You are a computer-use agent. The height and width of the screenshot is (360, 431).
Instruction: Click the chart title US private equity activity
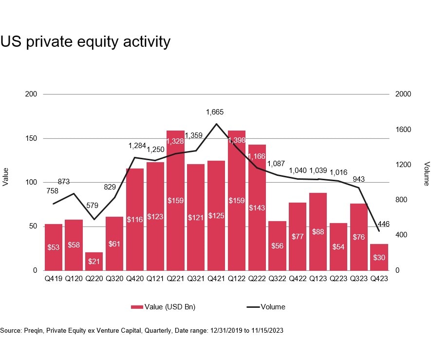tap(85, 42)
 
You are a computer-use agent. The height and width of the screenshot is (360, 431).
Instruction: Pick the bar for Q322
tap(277, 246)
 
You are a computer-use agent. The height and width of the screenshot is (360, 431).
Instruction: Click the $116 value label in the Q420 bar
tap(134, 219)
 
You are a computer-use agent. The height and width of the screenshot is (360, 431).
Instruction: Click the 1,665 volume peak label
tap(215, 112)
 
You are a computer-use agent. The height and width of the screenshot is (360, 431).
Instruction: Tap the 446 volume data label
tap(383, 224)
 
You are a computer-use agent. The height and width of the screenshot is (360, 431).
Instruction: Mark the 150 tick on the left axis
tap(32, 139)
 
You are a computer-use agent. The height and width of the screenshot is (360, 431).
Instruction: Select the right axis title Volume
tap(426, 174)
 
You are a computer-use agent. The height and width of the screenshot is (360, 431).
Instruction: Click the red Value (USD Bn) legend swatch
tap(137, 307)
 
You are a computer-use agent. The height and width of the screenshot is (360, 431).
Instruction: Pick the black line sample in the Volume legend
tap(253, 307)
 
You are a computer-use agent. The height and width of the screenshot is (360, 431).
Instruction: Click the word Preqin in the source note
tap(33, 331)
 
